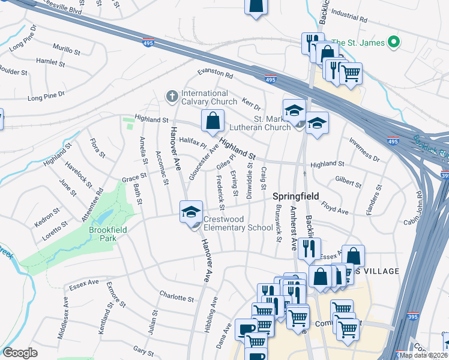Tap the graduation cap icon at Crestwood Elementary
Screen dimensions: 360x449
[191, 212]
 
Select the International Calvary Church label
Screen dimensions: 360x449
[205, 97]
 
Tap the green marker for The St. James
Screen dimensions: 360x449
[394, 43]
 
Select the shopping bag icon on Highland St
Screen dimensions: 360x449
[212, 121]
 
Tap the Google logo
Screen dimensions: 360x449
[19, 353]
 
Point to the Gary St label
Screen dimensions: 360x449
[143, 349]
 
